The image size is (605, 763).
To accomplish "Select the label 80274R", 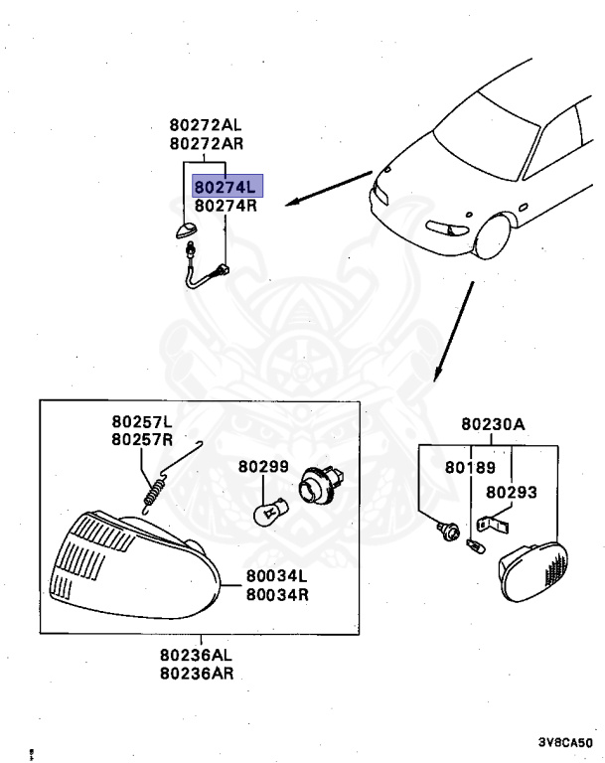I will click(226, 207).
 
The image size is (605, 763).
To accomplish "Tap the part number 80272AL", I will click(205, 125).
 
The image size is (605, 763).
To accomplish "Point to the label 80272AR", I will click(205, 143).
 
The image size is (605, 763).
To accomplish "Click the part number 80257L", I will click(142, 422).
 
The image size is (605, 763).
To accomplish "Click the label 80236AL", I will click(196, 656).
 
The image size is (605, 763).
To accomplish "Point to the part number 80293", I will click(511, 491).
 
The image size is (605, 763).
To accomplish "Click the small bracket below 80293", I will click(493, 520).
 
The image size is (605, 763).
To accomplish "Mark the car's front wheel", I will click(493, 239).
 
